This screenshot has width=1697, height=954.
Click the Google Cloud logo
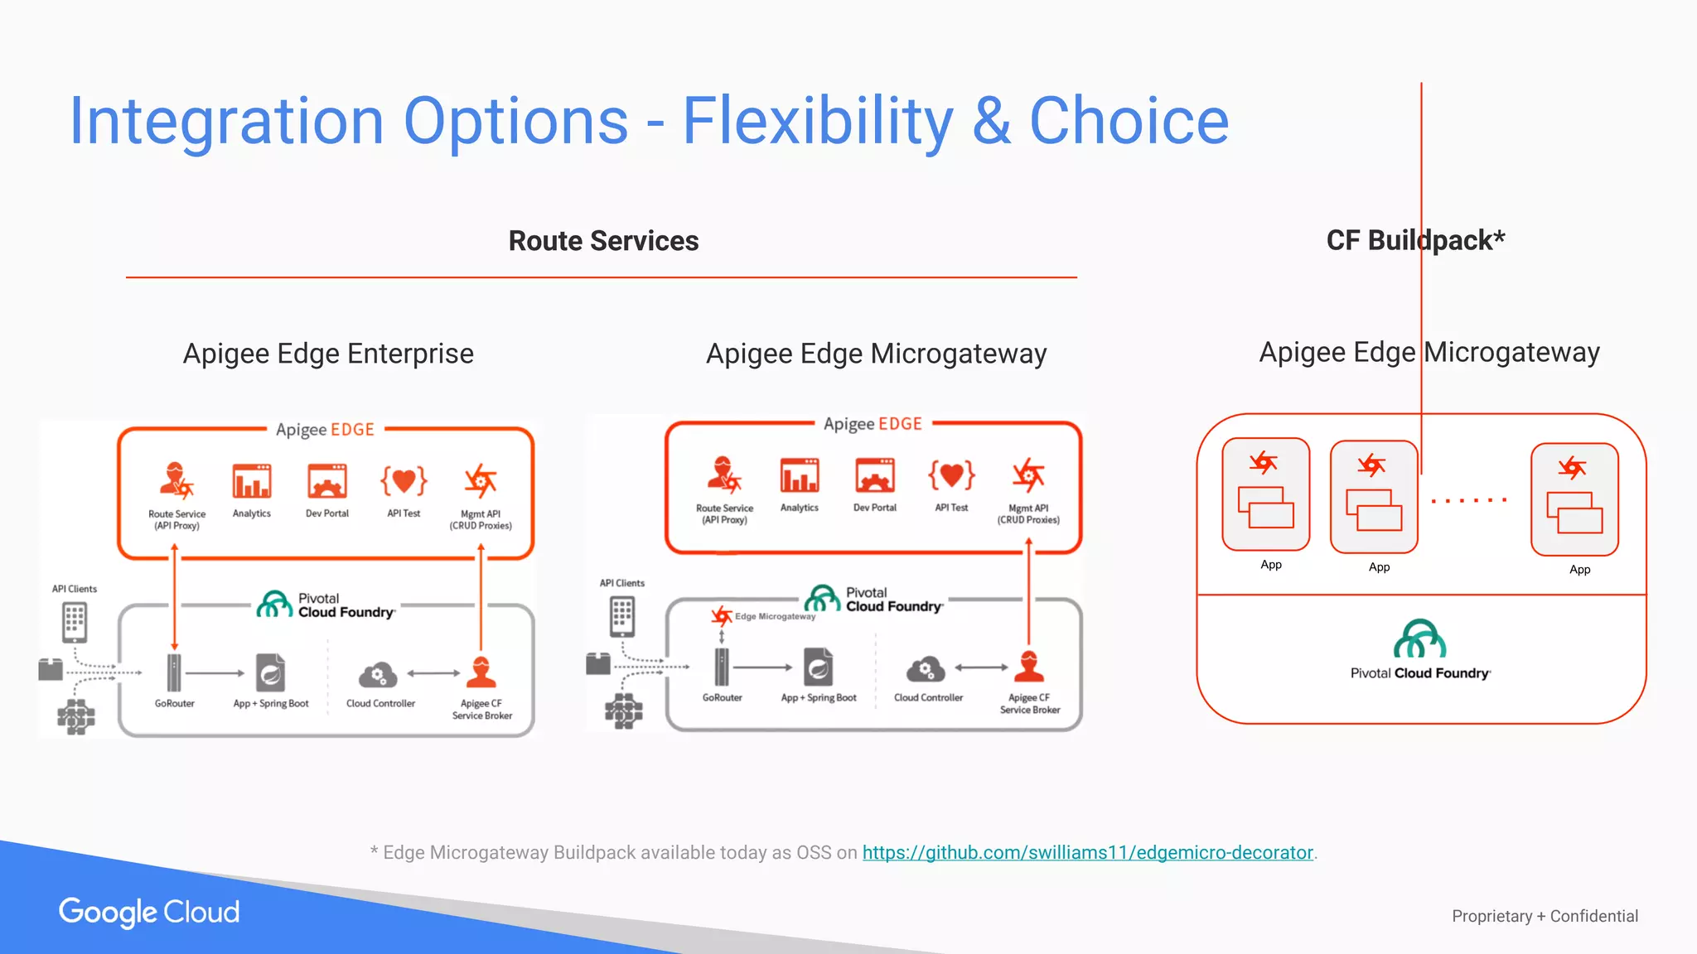[149, 912]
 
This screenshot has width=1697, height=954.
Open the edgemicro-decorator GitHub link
[1087, 852]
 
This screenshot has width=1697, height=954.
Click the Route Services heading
[603, 241]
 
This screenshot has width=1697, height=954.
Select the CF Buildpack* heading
[1415, 240]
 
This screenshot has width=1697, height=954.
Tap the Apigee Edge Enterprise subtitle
[328, 354]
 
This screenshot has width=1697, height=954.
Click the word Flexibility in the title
[817, 121]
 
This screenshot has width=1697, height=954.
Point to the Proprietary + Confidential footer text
[1545, 916]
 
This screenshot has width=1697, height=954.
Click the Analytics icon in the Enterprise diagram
[252, 481]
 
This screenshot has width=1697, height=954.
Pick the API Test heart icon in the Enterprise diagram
[404, 480]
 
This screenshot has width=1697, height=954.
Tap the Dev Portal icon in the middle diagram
[875, 475]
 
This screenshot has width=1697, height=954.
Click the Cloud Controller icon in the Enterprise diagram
[378, 675]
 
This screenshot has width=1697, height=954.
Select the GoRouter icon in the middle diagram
[723, 667]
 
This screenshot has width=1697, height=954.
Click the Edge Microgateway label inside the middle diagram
[774, 616]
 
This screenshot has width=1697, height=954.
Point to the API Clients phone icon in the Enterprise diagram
[75, 623]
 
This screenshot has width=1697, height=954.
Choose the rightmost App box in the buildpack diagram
[1574, 499]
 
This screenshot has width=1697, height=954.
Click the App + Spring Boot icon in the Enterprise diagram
[270, 673]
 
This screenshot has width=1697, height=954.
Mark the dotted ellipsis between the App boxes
[1469, 500]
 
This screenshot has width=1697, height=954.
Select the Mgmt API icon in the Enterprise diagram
[481, 481]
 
